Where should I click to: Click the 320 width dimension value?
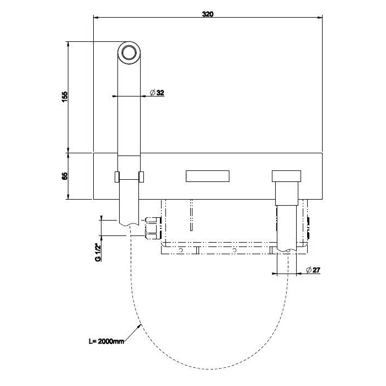(208, 14)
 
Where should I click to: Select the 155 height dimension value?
(65, 97)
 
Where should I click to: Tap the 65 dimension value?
(65, 176)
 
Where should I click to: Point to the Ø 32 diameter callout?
(157, 93)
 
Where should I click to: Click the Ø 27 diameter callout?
(313, 270)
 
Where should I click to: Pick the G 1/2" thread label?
(98, 253)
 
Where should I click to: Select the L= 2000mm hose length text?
(106, 341)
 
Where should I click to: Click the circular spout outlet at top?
(129, 53)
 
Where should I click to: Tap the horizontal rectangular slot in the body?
(207, 176)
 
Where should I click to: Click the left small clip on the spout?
(117, 177)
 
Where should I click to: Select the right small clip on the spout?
(141, 177)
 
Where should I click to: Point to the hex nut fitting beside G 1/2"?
(153, 228)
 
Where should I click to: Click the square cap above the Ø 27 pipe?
(286, 176)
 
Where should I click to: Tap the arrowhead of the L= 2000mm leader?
(140, 325)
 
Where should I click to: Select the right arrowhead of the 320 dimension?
(320, 18)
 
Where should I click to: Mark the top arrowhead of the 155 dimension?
(68, 44)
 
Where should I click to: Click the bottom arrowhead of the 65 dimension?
(68, 197)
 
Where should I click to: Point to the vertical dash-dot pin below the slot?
(191, 215)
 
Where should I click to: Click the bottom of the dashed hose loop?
(209, 369)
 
